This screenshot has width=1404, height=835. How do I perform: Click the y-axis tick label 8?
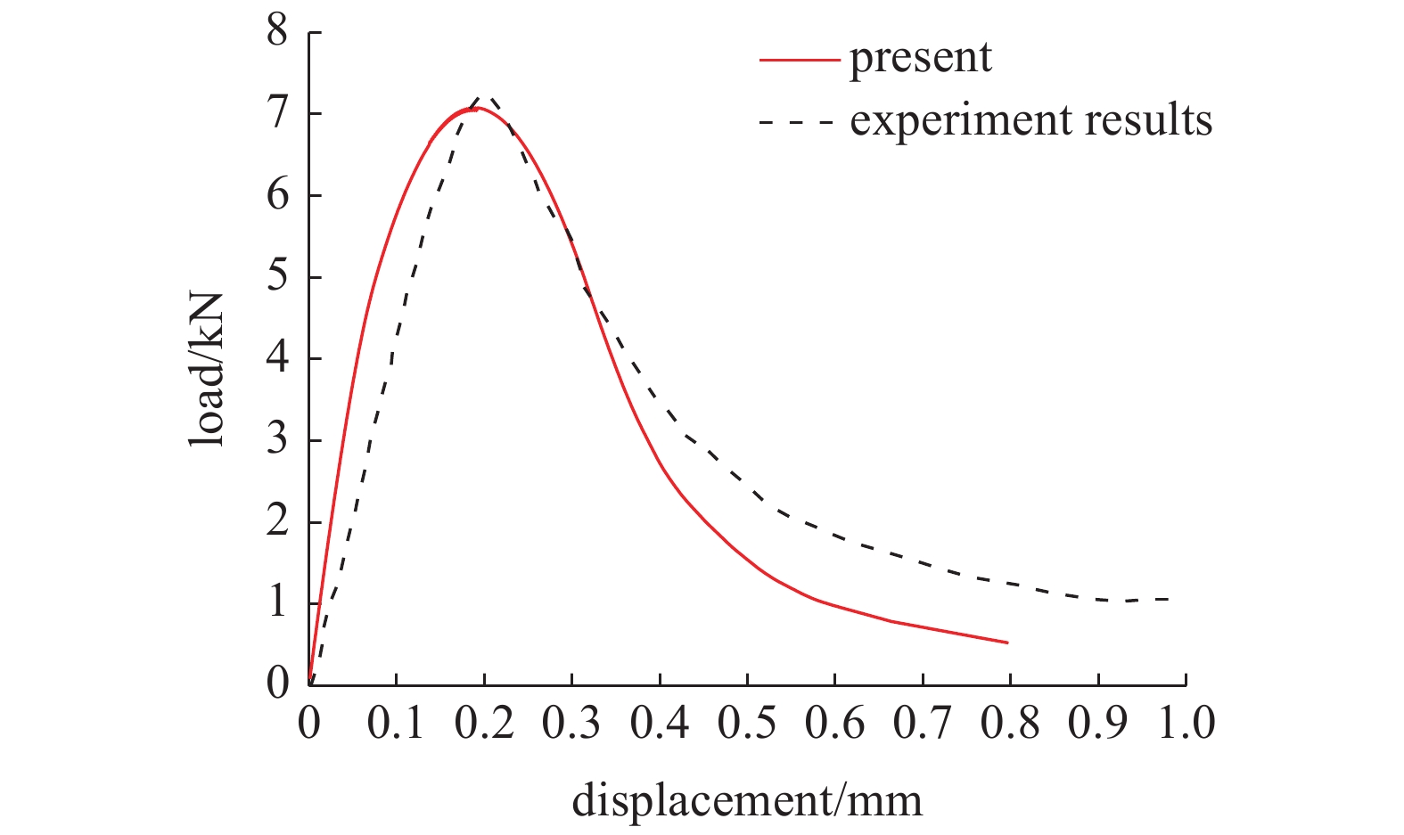click(x=277, y=32)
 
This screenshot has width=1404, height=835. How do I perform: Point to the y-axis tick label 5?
click(x=277, y=277)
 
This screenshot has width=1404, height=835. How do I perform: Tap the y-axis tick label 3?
click(x=277, y=440)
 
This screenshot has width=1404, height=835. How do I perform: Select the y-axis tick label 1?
click(x=277, y=603)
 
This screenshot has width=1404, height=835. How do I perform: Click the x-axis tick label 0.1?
click(x=396, y=723)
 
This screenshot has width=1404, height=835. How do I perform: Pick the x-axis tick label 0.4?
click(x=660, y=723)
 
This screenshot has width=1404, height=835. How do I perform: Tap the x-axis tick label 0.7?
click(x=923, y=723)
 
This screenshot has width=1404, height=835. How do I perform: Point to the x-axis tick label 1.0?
click(x=1186, y=723)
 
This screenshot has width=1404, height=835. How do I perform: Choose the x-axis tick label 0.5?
click(x=747, y=723)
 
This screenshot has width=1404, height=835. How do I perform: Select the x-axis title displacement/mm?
click(x=747, y=800)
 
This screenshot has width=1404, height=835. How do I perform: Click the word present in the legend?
click(x=920, y=59)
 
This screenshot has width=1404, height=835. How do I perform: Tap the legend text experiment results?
click(x=1030, y=119)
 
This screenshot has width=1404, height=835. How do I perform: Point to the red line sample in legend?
click(x=799, y=60)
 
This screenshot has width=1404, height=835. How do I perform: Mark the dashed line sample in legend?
click(x=796, y=120)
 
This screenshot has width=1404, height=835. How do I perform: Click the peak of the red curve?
click(x=475, y=108)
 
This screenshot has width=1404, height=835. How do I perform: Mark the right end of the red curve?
click(x=1007, y=642)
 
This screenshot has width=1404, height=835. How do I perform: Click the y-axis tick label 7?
click(x=277, y=114)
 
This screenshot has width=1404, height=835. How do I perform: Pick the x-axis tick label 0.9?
click(x=1098, y=723)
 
